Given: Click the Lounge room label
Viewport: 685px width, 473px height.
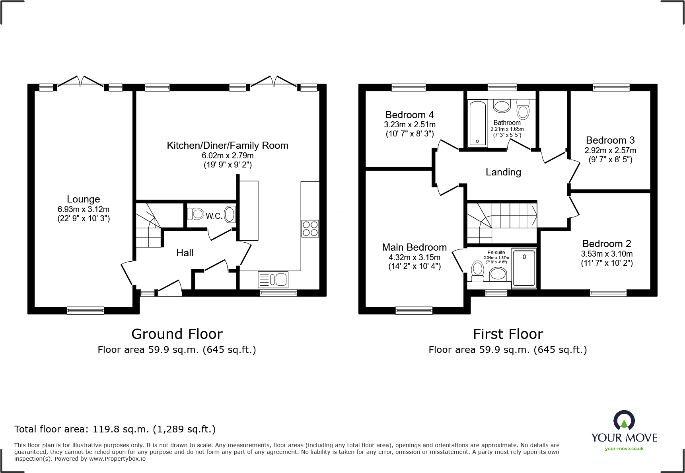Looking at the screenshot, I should point(83,199).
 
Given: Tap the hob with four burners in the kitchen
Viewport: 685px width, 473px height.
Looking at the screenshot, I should point(310,229).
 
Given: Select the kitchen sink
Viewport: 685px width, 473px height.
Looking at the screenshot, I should point(273,279).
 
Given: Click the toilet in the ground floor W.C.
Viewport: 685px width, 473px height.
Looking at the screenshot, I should point(195,214).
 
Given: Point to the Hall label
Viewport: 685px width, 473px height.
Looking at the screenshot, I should point(185,253).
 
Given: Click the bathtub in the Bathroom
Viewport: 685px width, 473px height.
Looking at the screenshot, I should point(477,123).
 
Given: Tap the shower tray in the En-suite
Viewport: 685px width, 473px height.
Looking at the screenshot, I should point(524,267).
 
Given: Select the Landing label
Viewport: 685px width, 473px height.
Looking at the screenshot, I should point(503,172).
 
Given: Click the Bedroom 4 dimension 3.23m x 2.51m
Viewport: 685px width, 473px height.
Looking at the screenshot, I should point(409,125).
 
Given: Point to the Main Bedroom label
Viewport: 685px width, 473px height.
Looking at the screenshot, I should point(414,247).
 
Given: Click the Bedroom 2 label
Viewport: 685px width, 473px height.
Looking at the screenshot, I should point(607,244).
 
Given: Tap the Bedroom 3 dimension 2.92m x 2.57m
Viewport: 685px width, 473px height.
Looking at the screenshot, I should point(610,151).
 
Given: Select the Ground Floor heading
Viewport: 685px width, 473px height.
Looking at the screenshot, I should point(177,334).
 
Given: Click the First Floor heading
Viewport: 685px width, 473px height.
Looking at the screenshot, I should point(508,334).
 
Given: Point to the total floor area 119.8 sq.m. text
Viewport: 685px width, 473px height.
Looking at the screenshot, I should point(115,429).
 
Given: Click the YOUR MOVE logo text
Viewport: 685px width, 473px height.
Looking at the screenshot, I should point(624,438).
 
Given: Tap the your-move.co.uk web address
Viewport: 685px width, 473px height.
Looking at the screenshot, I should point(624,449).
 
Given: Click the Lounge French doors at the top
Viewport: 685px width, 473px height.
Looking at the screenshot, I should point(81,82).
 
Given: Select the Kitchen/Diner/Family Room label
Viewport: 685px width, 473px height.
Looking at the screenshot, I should point(227,146).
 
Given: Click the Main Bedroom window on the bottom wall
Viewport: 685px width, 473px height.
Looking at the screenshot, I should point(414,310).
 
